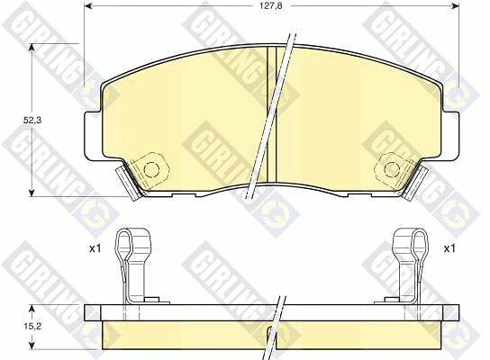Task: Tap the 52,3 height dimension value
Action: coord(32,121)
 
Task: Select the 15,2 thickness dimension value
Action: coord(32,327)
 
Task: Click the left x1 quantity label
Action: coord(95,248)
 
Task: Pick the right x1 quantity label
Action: coord(449,248)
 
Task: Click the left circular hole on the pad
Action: coord(151,169)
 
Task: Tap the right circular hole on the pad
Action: coord(392,169)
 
